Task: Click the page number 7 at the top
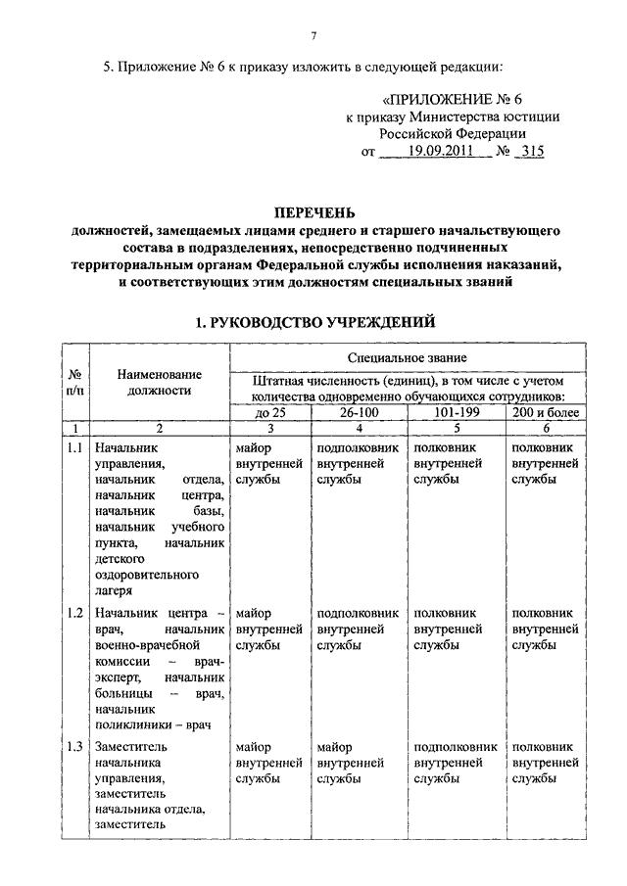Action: tap(313, 37)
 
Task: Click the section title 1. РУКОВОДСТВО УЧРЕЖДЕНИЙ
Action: tap(313, 322)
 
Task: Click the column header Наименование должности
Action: tap(159, 382)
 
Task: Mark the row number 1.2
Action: tap(74, 613)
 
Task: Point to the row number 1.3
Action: tap(74, 746)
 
